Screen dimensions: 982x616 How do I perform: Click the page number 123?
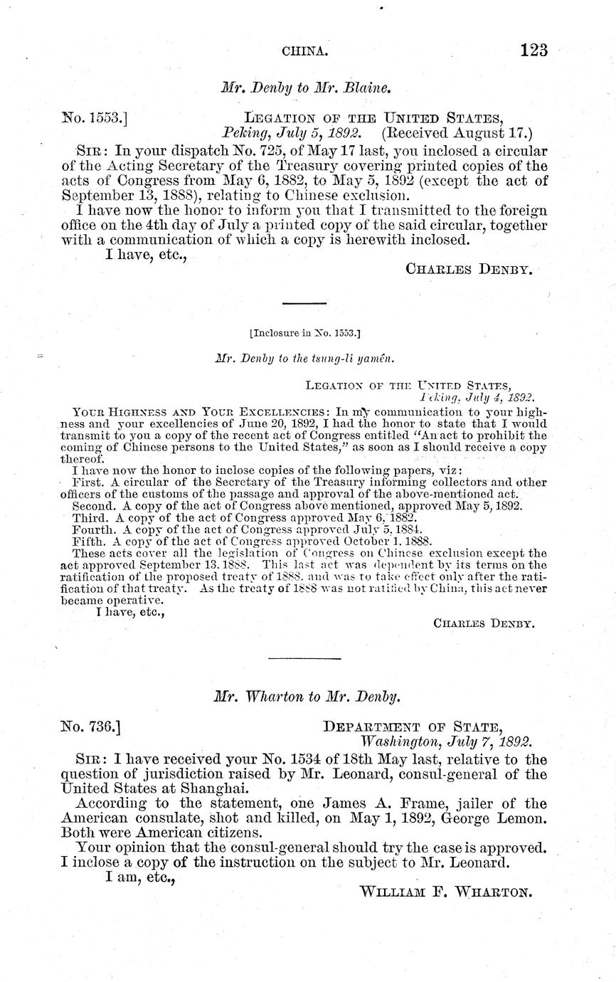click(533, 51)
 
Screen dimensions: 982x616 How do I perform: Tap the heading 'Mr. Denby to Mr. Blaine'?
click(307, 88)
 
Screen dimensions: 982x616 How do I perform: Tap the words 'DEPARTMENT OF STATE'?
click(413, 727)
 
